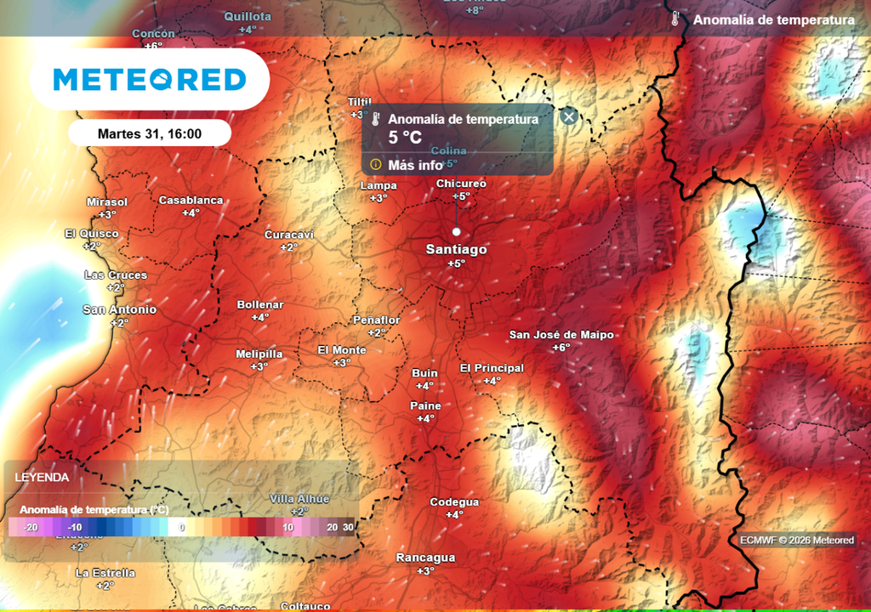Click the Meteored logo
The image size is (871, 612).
150,80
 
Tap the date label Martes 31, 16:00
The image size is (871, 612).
150,133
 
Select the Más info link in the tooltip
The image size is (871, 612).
414,165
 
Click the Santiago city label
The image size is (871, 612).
457,250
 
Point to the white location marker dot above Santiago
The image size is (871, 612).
456,231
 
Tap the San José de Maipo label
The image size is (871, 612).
561,335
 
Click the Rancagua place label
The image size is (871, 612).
425,558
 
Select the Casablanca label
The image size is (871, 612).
191,201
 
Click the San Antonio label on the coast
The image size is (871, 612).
119,310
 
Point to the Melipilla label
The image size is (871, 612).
259,354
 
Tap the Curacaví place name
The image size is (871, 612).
289,235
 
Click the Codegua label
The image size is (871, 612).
454,502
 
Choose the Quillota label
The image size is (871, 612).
248,16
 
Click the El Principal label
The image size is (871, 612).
492,368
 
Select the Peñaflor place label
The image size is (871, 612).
376,320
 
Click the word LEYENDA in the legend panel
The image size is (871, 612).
42,478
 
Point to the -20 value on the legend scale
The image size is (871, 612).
30,528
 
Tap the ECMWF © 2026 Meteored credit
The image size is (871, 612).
797,541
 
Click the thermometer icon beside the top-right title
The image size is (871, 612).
675,20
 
